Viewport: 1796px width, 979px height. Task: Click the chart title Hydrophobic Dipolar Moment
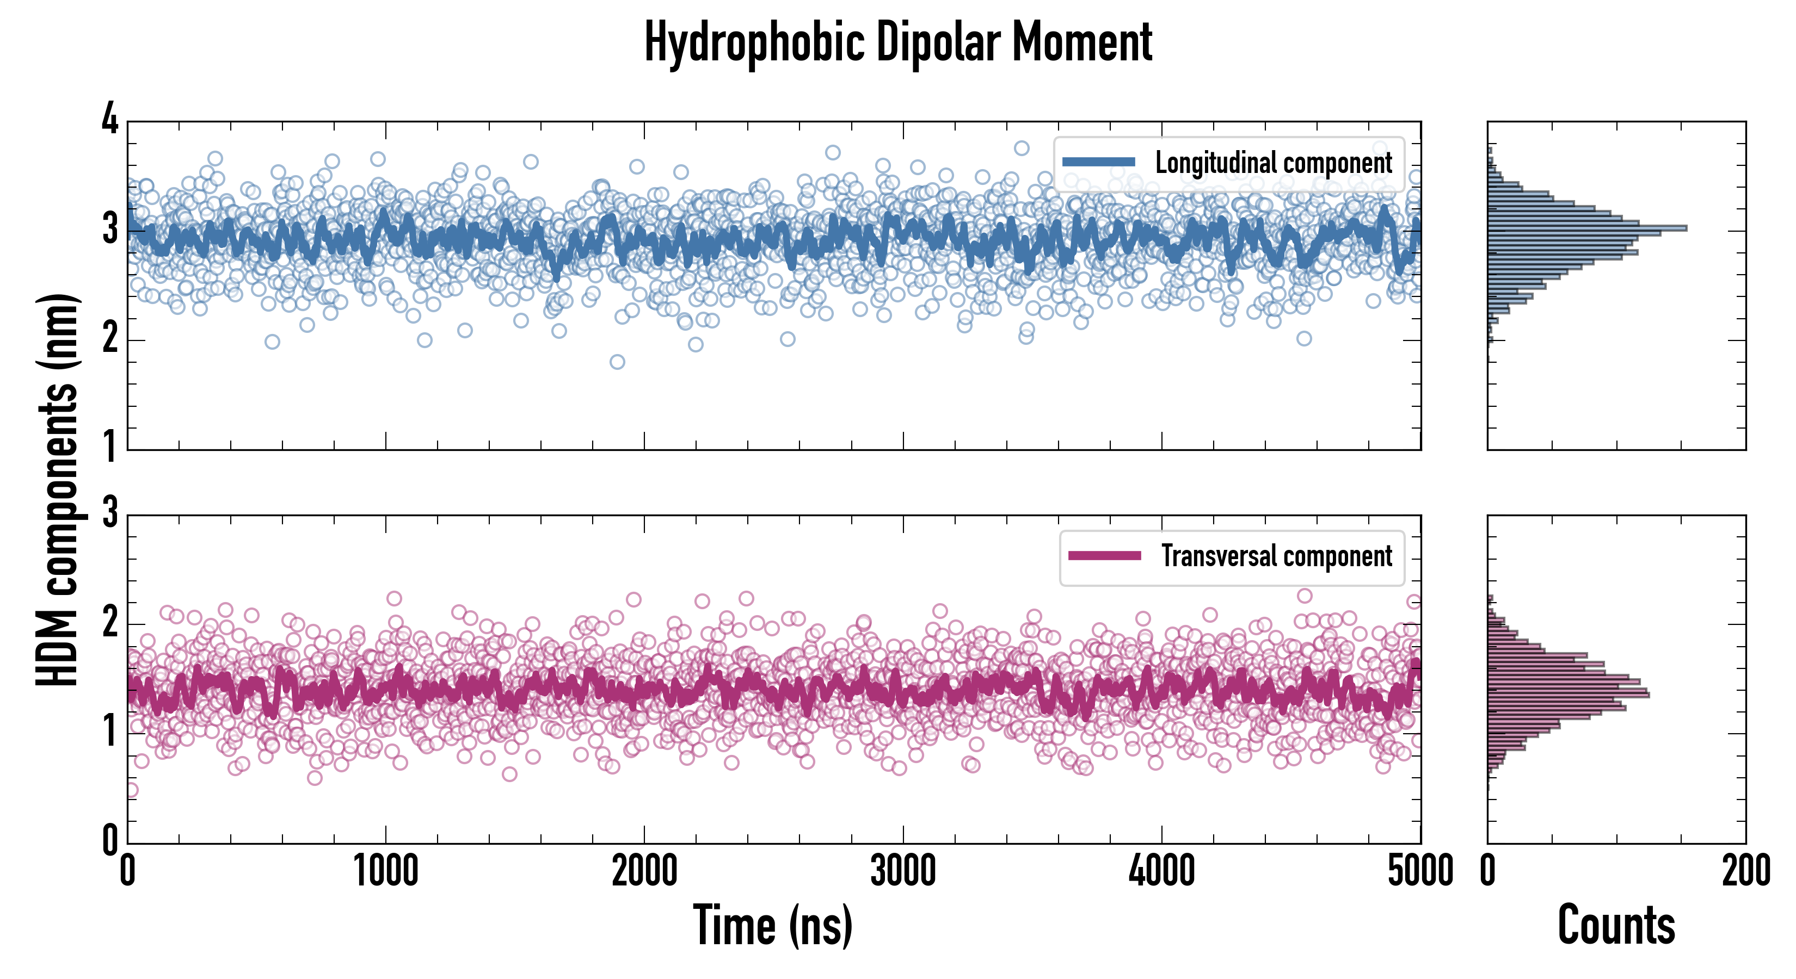tap(898, 43)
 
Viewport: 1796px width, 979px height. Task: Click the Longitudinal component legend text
tap(1273, 163)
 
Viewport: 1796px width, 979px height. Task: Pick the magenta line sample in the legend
tap(1104, 556)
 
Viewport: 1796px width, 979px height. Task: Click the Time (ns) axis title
tap(772, 925)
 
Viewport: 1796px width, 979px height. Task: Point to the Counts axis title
tap(1616, 925)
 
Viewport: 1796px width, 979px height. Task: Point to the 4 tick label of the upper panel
tap(110, 120)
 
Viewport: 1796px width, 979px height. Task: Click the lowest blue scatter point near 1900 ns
tap(617, 362)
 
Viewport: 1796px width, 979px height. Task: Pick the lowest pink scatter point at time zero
tap(131, 790)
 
